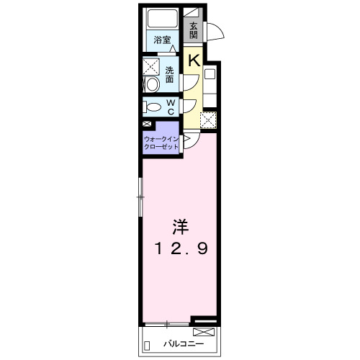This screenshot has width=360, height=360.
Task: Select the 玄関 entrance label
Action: (x=194, y=30)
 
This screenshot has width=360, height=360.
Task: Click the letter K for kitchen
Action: (x=194, y=60)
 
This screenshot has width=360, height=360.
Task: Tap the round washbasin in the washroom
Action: (x=151, y=85)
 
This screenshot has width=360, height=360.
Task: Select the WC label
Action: (x=171, y=107)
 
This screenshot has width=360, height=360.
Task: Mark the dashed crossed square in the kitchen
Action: (x=207, y=120)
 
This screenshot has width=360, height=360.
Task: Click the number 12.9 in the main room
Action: (x=180, y=250)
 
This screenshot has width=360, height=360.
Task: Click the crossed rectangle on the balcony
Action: (x=203, y=332)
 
